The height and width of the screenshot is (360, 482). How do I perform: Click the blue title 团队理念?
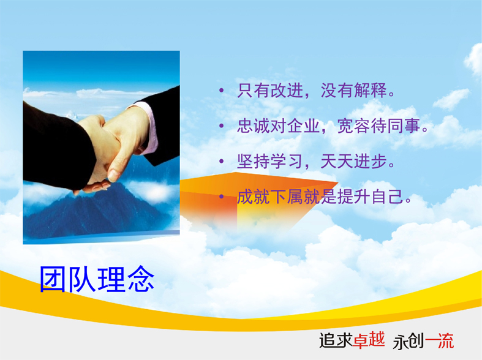[x=97, y=279]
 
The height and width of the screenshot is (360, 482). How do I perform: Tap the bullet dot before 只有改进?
[x=221, y=91]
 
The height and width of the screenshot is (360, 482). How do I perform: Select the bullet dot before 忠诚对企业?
[x=221, y=126]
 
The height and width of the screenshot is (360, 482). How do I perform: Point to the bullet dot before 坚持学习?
[x=221, y=161]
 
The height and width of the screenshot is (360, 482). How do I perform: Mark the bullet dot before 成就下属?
[x=221, y=197]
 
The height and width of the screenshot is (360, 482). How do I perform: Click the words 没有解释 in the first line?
[x=353, y=91]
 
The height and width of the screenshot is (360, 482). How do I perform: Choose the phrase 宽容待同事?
[x=378, y=126]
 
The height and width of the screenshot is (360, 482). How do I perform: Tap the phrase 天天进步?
[x=353, y=161]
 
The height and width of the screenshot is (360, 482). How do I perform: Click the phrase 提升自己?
[x=370, y=197]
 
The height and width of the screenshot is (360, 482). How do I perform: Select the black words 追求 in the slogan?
[x=336, y=340]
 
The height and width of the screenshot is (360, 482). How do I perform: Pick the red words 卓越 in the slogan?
[x=369, y=340]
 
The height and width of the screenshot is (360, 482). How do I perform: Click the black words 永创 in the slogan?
[x=409, y=341]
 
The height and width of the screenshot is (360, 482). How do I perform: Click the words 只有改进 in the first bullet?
[x=270, y=91]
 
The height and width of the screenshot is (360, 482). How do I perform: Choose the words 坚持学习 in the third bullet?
[x=270, y=161]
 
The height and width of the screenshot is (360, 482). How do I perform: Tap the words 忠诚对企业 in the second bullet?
[x=278, y=126]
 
